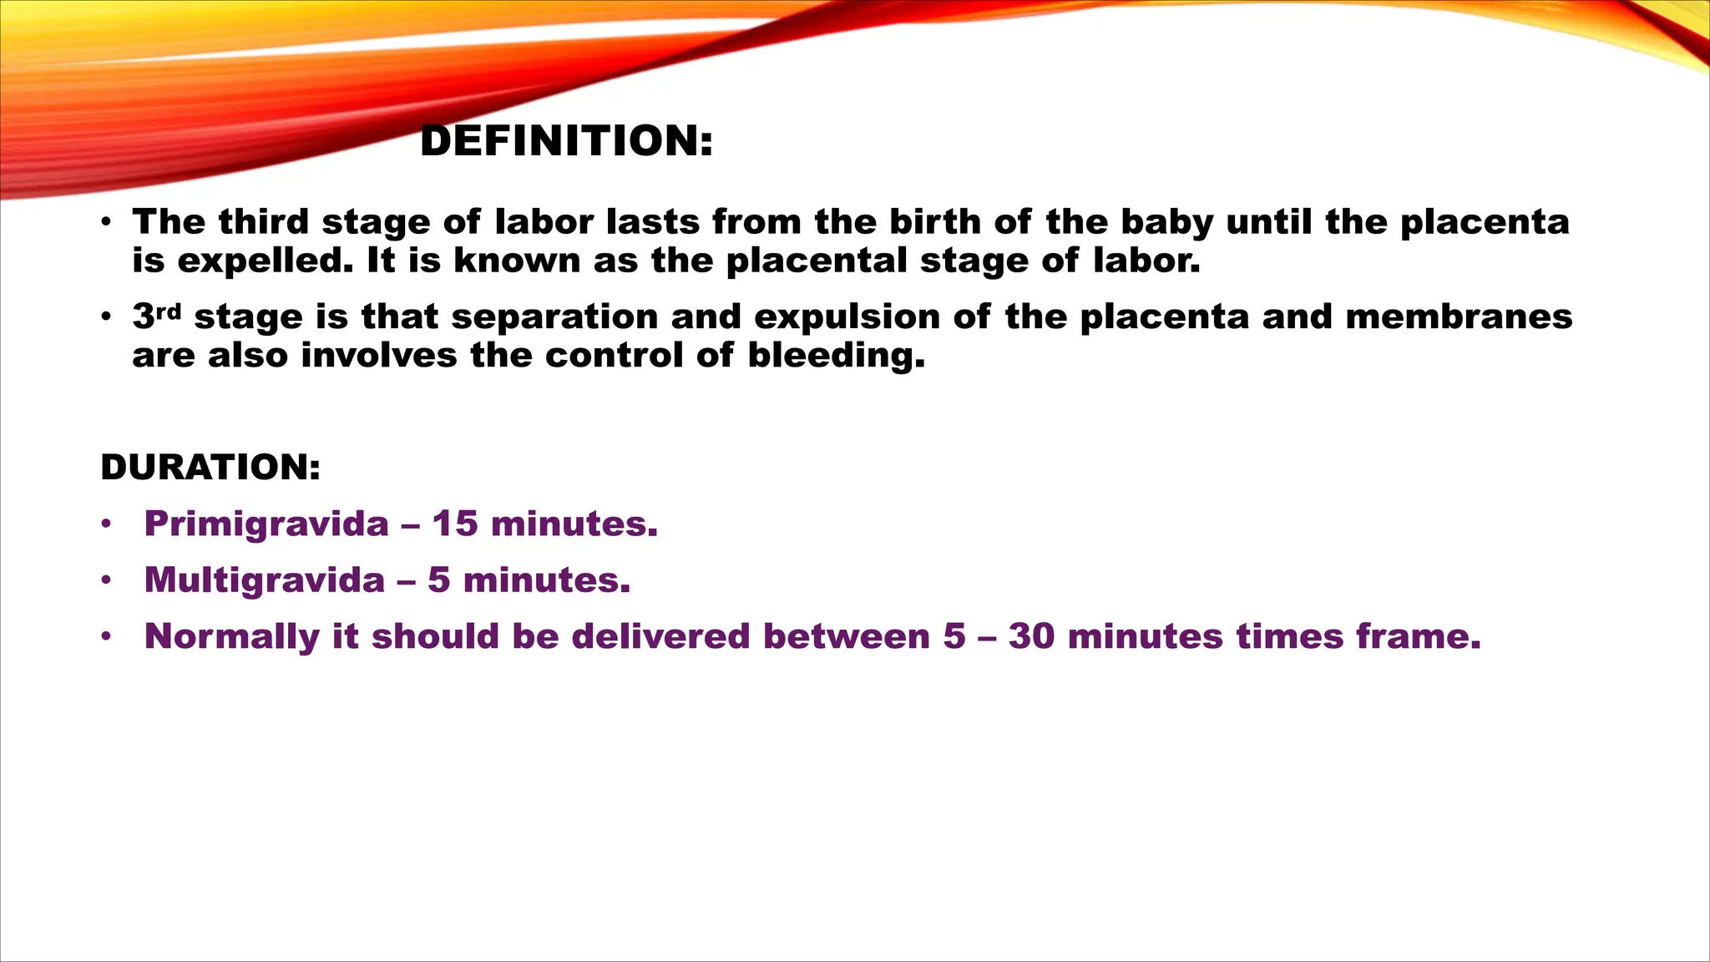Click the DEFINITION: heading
[566, 140]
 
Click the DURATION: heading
[210, 467]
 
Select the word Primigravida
[266, 524]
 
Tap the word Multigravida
[264, 580]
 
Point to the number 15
[455, 524]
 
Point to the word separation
[554, 317]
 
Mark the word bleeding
[835, 356]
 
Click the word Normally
[231, 637]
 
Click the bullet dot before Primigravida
[105, 524]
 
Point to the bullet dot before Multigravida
[105, 580]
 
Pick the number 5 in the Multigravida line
[439, 580]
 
